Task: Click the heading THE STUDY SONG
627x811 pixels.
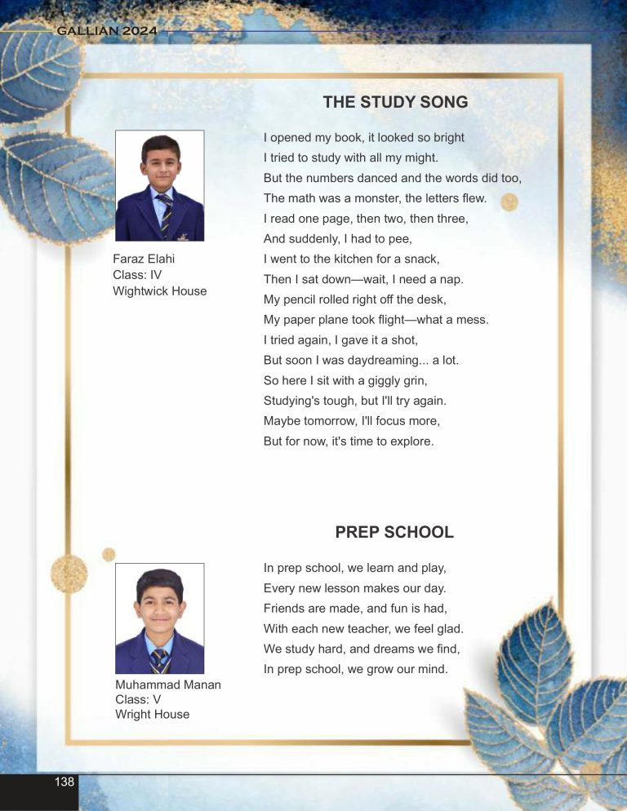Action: coord(395,102)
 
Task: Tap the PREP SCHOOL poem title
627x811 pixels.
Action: coord(394,532)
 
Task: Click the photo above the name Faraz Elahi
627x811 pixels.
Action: coord(160,185)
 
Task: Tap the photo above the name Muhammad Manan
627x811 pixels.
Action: coord(160,618)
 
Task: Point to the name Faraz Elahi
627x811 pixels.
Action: coord(144,259)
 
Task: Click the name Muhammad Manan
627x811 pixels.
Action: coord(168,685)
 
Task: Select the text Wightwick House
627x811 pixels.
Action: coord(160,290)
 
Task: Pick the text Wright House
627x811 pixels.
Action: coord(153,714)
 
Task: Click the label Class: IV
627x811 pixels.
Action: coord(138,275)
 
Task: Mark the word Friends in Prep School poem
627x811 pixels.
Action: coord(285,608)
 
